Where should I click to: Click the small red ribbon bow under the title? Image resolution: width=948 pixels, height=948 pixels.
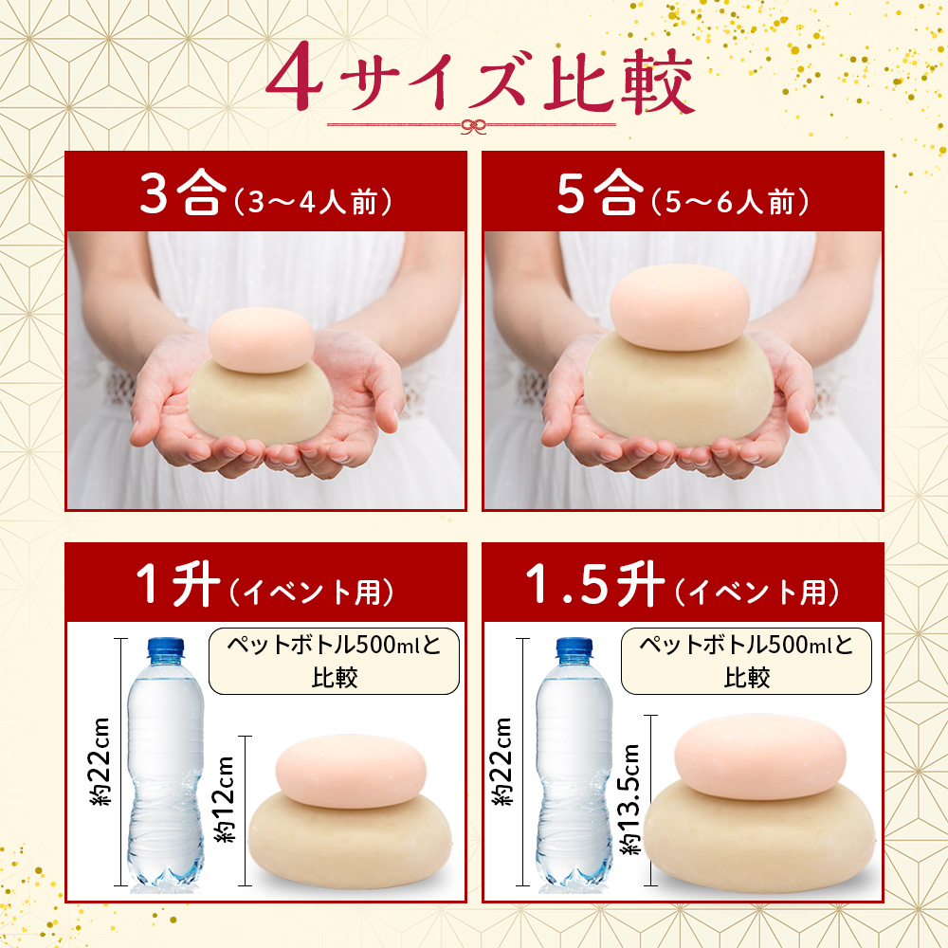point(473,126)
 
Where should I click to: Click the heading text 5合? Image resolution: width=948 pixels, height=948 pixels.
point(597,192)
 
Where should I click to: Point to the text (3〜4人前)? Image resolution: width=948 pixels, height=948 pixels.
point(313,201)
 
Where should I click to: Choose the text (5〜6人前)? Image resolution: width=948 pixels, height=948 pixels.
point(730,201)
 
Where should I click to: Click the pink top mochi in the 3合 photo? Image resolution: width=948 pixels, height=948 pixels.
point(262,339)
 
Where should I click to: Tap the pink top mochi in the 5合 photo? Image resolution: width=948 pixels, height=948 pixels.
point(680,307)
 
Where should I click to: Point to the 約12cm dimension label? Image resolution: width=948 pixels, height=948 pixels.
point(225,798)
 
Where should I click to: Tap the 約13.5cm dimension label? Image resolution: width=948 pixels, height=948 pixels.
point(630,798)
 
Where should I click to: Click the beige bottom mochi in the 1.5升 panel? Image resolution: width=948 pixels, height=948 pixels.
point(759,831)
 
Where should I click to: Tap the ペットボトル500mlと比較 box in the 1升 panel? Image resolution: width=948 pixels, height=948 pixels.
point(334,661)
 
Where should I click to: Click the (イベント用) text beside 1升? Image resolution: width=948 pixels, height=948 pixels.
point(311,592)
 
